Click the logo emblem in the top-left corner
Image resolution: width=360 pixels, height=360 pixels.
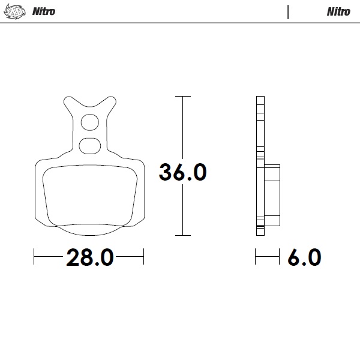click(x=14, y=11)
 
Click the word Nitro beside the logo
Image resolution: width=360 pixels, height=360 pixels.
click(x=43, y=11)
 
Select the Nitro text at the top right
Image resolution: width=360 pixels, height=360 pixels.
click(x=338, y=11)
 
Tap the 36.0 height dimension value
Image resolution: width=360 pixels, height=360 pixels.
click(x=182, y=172)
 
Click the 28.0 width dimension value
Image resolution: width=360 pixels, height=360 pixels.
click(x=89, y=258)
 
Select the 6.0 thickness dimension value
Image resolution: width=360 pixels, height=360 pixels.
click(x=304, y=258)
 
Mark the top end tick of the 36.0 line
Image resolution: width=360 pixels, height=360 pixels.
click(x=182, y=96)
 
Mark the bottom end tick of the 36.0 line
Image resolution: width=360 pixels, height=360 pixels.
click(x=182, y=235)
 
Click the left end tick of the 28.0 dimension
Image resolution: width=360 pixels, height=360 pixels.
click(x=34, y=258)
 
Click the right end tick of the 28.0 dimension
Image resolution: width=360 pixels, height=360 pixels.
click(x=143, y=258)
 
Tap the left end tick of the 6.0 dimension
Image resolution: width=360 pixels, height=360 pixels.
click(x=256, y=258)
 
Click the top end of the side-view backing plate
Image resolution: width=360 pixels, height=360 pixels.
click(x=259, y=98)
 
